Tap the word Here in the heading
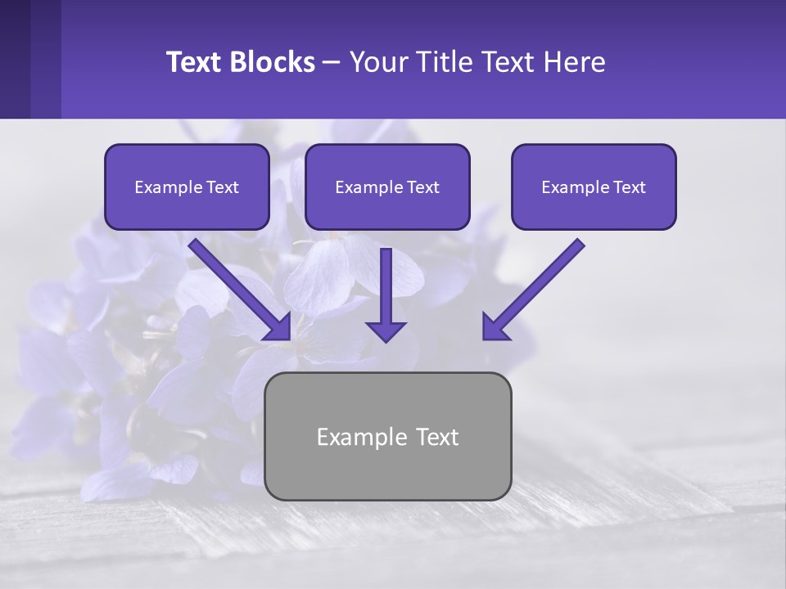click(573, 62)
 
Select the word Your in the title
click(377, 62)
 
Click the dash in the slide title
click(332, 63)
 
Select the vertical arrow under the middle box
click(386, 290)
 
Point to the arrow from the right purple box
click(536, 286)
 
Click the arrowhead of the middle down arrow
click(386, 330)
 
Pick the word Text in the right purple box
click(629, 187)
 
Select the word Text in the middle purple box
click(422, 187)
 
